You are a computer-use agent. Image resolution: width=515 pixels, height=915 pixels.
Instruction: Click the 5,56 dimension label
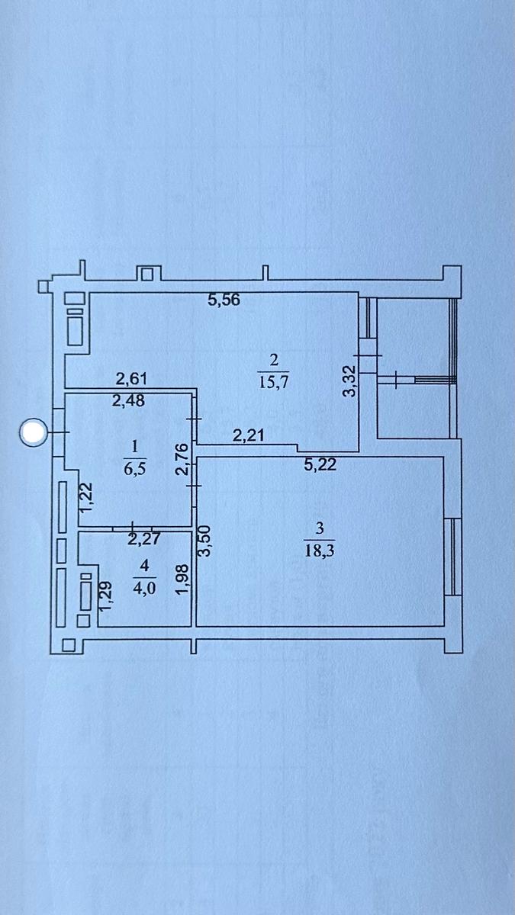(x=224, y=300)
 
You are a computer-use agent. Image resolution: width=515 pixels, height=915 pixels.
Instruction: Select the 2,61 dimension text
(x=131, y=378)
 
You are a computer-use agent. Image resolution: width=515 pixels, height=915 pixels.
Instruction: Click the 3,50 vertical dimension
(x=204, y=541)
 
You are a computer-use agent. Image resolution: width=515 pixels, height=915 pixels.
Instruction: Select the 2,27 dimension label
(x=144, y=539)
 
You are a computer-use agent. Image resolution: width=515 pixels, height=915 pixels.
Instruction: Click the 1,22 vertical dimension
(x=87, y=497)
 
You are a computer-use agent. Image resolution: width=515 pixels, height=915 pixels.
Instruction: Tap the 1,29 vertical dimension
(x=106, y=595)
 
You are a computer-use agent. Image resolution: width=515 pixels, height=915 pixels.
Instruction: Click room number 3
(x=320, y=527)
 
